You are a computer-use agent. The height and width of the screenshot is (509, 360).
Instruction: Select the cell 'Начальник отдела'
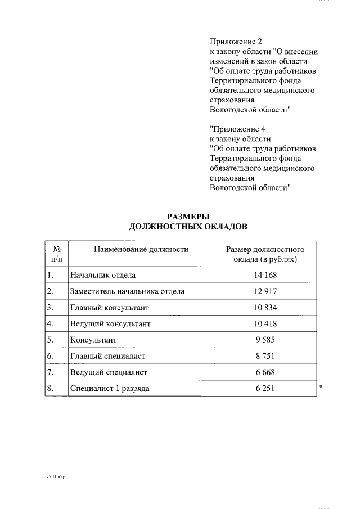pyautogui.click(x=103, y=275)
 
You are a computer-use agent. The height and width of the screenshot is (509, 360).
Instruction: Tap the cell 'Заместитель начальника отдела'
pyautogui.click(x=127, y=291)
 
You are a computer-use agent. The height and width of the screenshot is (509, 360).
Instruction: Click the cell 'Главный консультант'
pyautogui.click(x=109, y=308)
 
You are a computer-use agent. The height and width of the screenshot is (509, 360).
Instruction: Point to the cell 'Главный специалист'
pyautogui.click(x=107, y=356)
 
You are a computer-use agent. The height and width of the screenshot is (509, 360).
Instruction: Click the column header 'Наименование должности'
pyautogui.click(x=141, y=249)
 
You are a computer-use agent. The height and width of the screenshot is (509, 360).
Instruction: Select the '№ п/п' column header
pyautogui.click(x=56, y=254)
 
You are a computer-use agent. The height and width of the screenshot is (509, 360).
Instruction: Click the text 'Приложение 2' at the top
pyautogui.click(x=236, y=42)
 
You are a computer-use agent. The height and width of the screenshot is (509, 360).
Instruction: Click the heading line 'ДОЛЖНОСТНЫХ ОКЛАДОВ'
pyautogui.click(x=188, y=226)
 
